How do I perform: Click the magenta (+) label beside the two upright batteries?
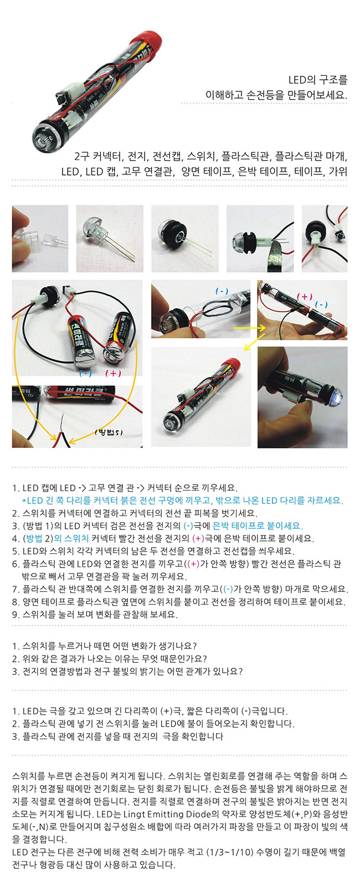114,373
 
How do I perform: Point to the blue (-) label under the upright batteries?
85,373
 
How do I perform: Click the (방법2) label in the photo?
109,432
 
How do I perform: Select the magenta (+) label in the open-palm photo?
305,296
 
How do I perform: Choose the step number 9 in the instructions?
15,614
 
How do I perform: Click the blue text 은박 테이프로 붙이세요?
258,526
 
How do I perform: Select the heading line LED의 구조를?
318,80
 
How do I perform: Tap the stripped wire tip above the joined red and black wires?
62,423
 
